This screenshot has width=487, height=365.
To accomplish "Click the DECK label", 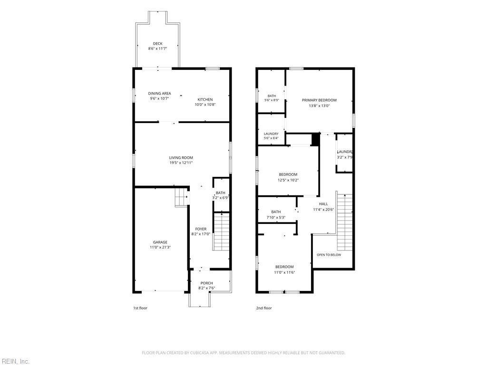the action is coord(157,43).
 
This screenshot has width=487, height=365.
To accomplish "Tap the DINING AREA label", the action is coord(159,93).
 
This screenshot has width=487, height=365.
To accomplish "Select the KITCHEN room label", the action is coord(205,99).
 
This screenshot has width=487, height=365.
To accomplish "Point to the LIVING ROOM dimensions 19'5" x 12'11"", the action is coord(181,163).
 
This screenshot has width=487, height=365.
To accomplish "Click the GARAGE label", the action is coord(160,242).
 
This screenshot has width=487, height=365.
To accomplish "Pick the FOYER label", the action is coord(201,229).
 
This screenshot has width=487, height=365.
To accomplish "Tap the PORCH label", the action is coord(206,283).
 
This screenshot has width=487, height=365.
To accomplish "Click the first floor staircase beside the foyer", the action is coord(221,231).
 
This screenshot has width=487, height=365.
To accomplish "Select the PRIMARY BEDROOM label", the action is coord(319,100).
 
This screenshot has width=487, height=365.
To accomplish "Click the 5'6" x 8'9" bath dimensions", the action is coord(272,100).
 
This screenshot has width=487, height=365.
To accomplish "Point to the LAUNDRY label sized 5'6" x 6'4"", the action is coord(271,134).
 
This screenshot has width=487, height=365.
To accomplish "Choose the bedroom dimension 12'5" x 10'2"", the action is coord(288,180).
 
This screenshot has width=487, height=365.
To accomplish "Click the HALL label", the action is coord(323,204).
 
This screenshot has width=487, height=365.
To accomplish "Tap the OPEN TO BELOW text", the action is coord(329,255).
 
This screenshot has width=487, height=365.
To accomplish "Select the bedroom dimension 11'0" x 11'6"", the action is coord(284,272).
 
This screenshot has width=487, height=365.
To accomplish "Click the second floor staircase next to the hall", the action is coord(345,222).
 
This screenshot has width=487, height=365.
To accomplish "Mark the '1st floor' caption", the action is coord(140,308).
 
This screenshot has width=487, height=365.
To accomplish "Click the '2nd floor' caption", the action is coord(263,308).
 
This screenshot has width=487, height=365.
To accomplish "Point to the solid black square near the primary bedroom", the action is coord(316,139).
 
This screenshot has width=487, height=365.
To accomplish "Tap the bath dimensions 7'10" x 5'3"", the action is coord(276,218).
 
